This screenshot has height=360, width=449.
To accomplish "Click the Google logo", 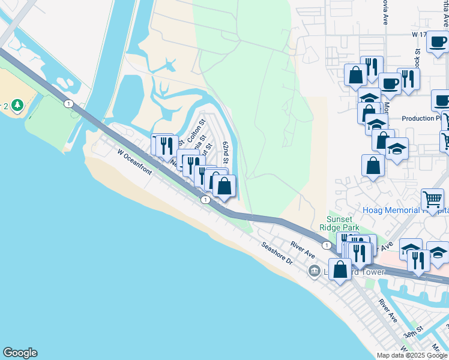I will [x=20, y=353].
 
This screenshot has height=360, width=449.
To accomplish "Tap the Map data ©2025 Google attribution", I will [x=412, y=355].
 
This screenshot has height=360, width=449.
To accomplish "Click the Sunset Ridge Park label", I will [x=343, y=223].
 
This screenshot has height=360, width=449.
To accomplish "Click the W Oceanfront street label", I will [x=136, y=163].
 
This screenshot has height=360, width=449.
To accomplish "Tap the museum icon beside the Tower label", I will [x=314, y=272].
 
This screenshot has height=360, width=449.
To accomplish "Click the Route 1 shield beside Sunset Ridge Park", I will [x=326, y=245].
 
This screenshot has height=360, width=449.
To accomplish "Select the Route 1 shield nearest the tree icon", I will [x=69, y=104].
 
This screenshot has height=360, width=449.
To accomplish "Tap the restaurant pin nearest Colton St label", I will [x=166, y=145].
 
